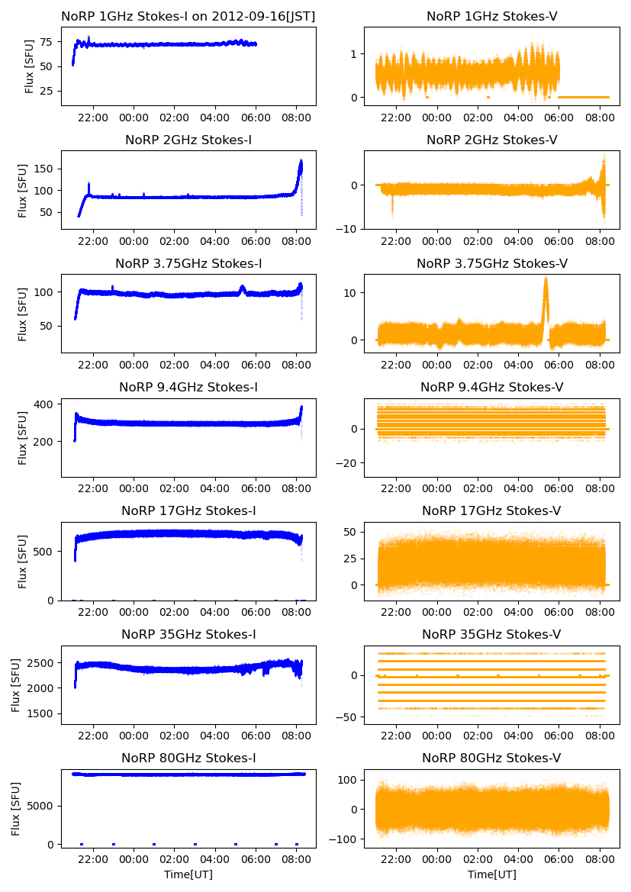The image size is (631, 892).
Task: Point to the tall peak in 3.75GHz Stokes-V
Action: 546,280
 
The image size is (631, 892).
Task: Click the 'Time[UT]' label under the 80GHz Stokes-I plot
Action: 188,874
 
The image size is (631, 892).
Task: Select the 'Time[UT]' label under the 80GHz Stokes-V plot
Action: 491,874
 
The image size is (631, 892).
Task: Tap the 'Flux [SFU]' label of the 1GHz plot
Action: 29,66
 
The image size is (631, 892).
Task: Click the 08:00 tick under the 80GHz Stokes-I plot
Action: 296,859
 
